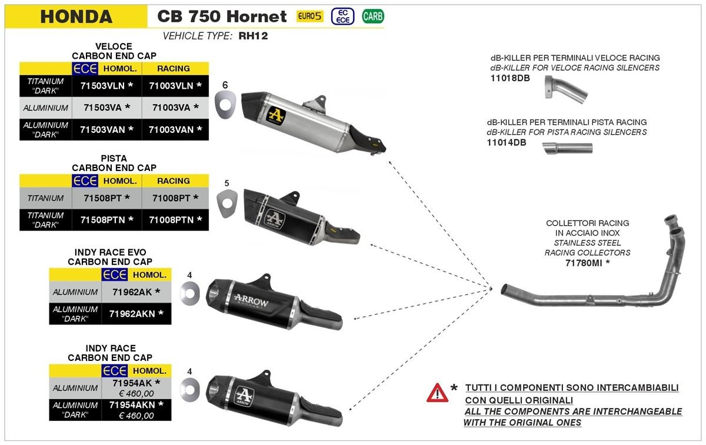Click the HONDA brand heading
point(76,16)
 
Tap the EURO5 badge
point(309,16)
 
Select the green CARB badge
point(372,16)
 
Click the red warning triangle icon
point(437,392)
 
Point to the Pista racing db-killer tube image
point(567,150)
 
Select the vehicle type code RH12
point(253,36)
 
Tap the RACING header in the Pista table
point(174,181)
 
